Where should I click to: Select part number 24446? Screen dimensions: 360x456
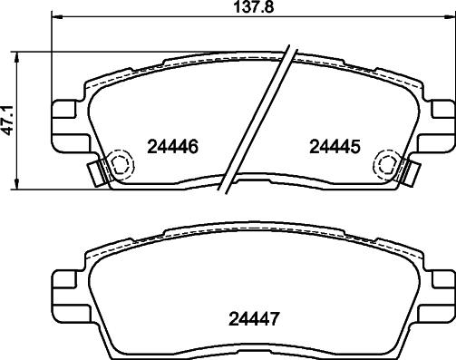[x=171, y=146]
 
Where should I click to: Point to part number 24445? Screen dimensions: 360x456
[x=335, y=146]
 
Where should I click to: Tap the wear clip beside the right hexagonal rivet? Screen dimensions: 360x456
[x=411, y=171]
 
